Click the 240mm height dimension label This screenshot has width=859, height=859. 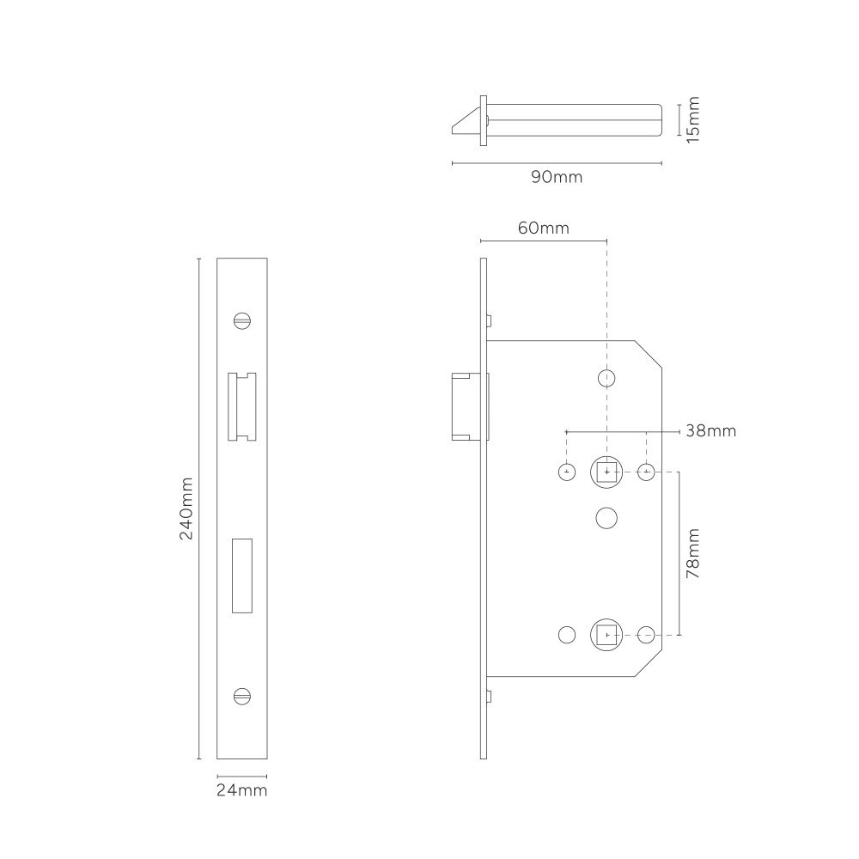186,509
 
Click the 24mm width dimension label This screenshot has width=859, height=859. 241,790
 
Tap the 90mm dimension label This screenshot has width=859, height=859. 557,177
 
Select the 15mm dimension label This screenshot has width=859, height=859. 693,120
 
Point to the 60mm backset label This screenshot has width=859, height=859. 544,228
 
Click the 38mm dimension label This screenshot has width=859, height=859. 711,430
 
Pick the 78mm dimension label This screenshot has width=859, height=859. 693,553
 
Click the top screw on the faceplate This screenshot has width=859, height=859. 242,320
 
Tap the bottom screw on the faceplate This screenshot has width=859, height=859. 242,697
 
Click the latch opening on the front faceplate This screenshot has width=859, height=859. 242,406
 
